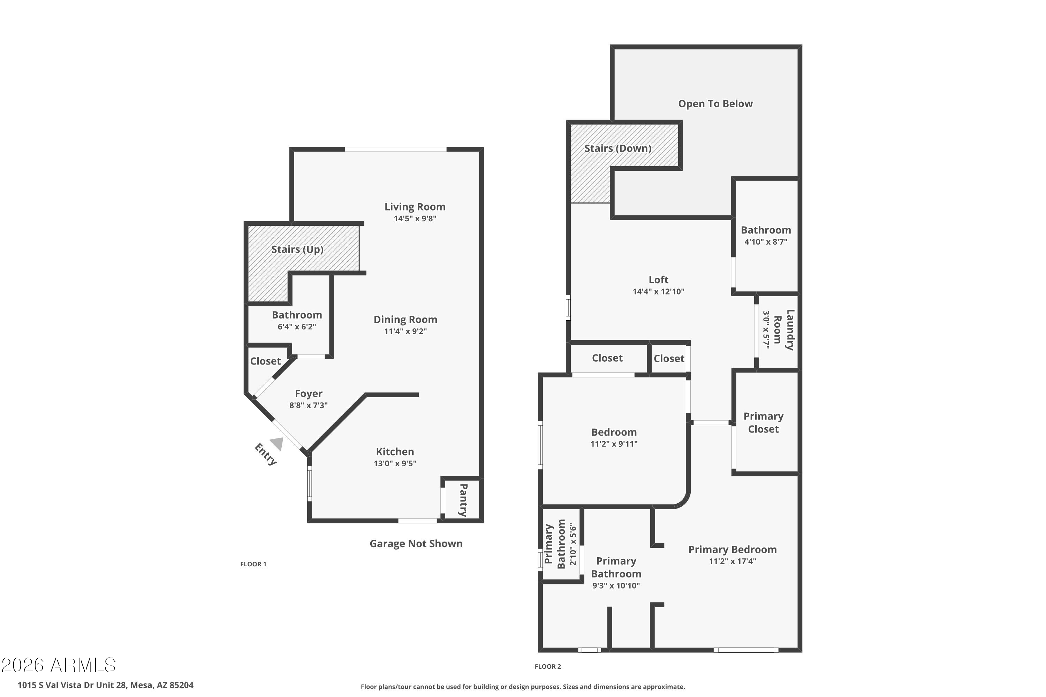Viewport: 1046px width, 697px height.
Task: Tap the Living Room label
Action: (x=415, y=207)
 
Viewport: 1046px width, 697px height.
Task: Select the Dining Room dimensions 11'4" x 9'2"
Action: (x=405, y=331)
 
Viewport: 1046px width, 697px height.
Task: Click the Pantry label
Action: (x=463, y=500)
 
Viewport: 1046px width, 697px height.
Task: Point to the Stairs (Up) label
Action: (x=297, y=250)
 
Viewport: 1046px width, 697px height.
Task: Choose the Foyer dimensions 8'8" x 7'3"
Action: (x=309, y=405)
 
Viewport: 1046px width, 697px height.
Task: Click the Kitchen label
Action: (x=395, y=452)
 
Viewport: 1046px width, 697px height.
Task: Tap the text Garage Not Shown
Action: (x=416, y=544)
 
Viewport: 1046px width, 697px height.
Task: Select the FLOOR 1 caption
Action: (x=253, y=564)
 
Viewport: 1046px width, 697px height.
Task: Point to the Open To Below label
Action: (x=715, y=104)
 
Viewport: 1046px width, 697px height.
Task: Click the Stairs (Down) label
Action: (x=618, y=148)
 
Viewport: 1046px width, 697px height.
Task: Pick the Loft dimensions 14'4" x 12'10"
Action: (x=659, y=292)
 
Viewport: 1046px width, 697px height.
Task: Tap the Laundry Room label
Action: (x=784, y=330)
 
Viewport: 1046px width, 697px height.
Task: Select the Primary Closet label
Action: (x=764, y=423)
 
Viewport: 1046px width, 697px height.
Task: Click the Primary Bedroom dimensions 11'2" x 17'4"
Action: (x=733, y=561)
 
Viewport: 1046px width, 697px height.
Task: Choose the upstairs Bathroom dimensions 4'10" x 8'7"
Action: (x=766, y=242)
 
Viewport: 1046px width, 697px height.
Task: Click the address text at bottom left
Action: (x=105, y=685)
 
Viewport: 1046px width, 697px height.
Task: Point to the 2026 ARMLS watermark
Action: (x=58, y=665)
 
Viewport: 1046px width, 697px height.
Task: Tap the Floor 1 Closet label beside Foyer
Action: (x=265, y=361)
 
